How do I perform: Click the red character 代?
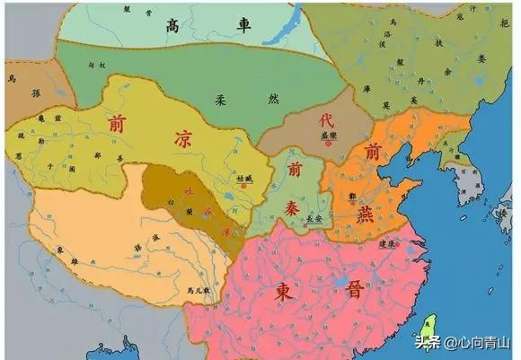(327, 118)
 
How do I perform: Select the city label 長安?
(314, 216)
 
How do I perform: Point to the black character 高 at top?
(172, 26)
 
